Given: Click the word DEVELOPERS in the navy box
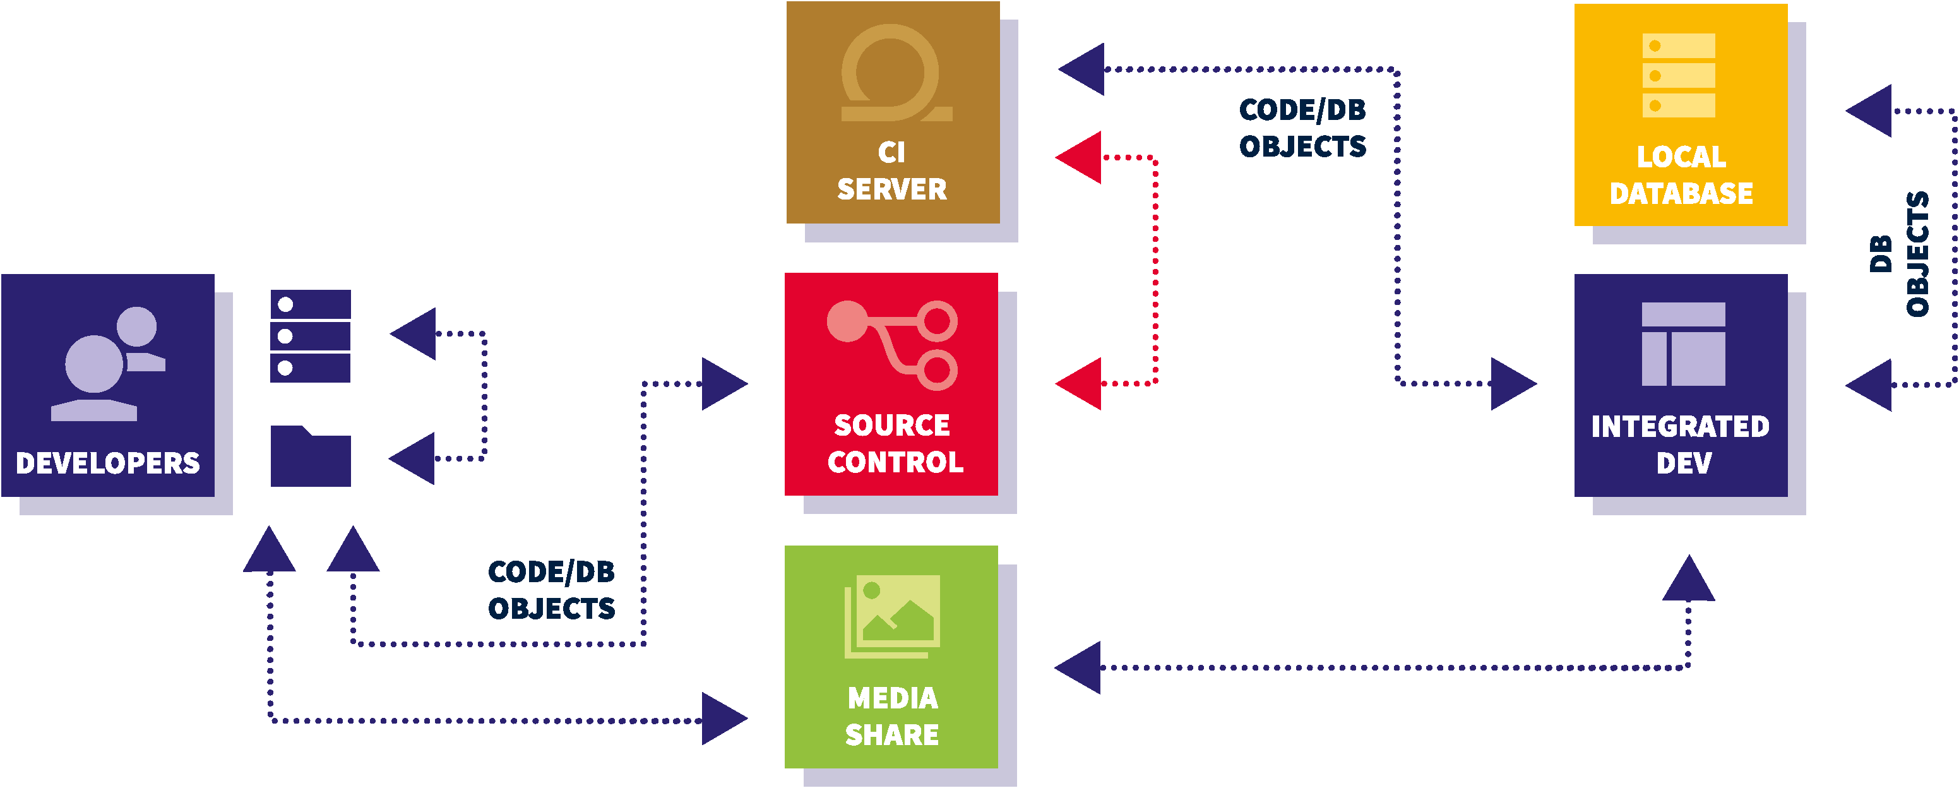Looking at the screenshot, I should pyautogui.click(x=107, y=463).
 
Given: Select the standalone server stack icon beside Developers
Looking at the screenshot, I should pyautogui.click(x=310, y=335).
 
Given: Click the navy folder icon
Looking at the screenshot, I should pyautogui.click(x=310, y=457).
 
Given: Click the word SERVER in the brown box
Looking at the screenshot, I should pyautogui.click(x=892, y=189).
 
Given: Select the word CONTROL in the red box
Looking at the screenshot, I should pyautogui.click(x=895, y=462).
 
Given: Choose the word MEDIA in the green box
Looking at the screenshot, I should pyautogui.click(x=893, y=698).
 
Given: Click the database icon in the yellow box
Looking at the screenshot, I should pyautogui.click(x=1679, y=75).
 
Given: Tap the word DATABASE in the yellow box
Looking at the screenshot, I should pyautogui.click(x=1681, y=194).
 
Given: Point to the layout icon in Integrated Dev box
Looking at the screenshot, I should pyautogui.click(x=1683, y=343).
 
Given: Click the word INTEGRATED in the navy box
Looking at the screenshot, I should pyautogui.click(x=1680, y=427).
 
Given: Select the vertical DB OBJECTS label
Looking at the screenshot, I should pyautogui.click(x=1899, y=253).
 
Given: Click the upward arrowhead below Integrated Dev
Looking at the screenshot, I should pyautogui.click(x=1688, y=580).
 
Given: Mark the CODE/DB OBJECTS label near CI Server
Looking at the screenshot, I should pyautogui.click(x=1302, y=128).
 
